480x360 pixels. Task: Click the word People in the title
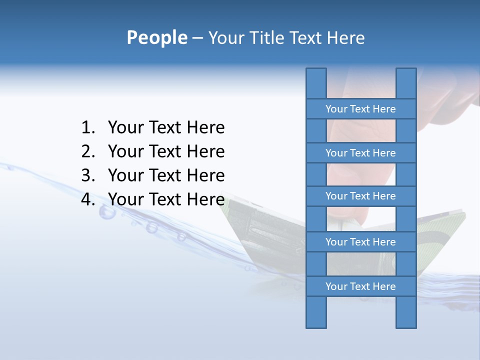point(156,38)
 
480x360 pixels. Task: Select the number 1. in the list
point(88,128)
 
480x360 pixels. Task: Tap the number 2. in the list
point(88,152)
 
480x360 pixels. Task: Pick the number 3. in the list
point(88,176)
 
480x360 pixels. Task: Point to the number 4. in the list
point(88,200)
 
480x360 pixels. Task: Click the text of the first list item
point(166,128)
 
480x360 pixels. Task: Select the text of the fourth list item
point(166,200)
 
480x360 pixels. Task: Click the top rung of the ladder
point(360,109)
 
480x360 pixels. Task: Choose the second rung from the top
point(360,153)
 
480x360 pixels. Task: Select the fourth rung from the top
point(360,242)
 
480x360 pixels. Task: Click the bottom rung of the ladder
point(360,286)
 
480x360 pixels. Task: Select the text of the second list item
point(166,152)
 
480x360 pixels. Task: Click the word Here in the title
point(345,38)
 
